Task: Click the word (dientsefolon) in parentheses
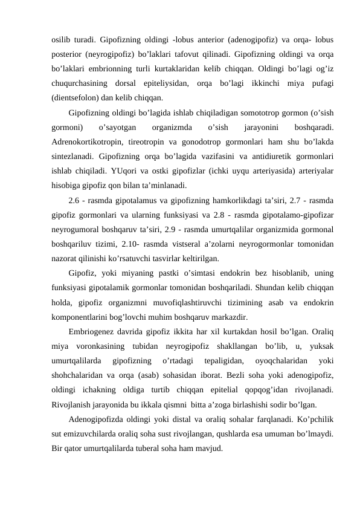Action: [x=73, y=97]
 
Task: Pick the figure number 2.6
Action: [x=76, y=199]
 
